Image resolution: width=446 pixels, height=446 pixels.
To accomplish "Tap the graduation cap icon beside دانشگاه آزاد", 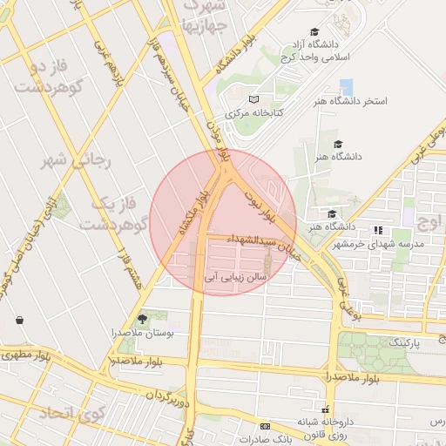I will coord(314,30).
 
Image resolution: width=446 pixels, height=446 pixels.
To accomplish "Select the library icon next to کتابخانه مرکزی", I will coord(253,99).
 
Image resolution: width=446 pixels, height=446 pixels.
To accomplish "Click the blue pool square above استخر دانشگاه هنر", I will coord(347,87).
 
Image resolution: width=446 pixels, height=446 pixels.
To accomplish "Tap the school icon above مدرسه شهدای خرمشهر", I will coord(378,230).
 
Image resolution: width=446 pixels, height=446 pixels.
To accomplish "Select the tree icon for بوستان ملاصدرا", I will coord(143,319).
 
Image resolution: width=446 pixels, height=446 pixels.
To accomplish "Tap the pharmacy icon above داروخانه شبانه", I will coord(326,409).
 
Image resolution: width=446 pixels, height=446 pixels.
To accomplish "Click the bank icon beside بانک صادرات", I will coord(265,426).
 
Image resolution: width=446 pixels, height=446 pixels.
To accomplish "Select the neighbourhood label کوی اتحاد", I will coord(70,413).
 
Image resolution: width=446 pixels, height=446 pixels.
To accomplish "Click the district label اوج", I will coord(429,221).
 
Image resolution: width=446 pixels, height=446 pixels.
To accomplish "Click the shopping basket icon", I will coord(19,320).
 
